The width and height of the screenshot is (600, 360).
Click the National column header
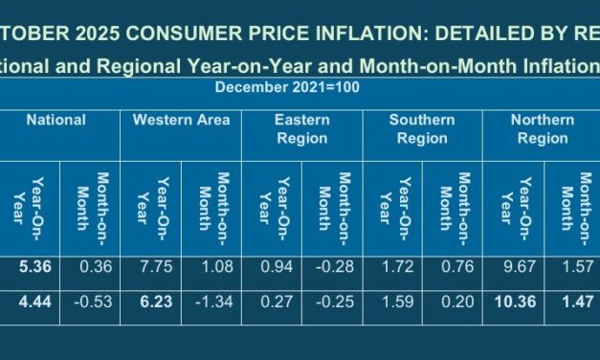tap(56, 121)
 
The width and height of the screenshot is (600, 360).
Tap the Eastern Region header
tap(301, 129)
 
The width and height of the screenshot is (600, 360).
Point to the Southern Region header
tap(420, 129)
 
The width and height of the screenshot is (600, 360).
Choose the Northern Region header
tap(543, 129)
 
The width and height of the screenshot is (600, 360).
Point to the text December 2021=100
tap(275, 88)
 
